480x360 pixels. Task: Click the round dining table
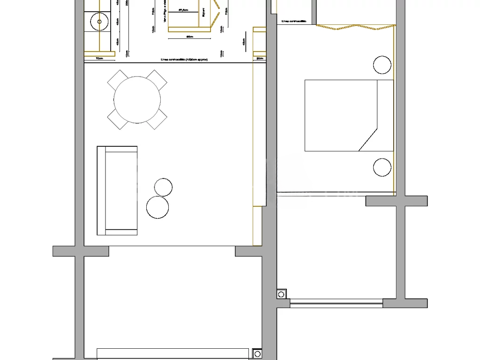click(x=137, y=100)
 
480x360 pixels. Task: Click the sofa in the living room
click(x=117, y=190)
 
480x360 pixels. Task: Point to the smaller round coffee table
click(x=163, y=187)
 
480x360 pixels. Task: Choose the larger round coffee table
click(x=157, y=207)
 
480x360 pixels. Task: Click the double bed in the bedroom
click(x=349, y=115)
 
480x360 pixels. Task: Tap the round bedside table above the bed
click(x=382, y=65)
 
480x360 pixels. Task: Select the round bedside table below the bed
click(x=382, y=167)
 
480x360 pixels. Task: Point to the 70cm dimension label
click(x=99, y=59)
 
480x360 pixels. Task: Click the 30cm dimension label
click(x=260, y=59)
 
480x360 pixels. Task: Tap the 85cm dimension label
click(x=190, y=36)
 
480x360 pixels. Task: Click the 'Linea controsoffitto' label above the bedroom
click(x=294, y=22)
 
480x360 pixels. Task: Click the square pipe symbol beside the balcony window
click(x=281, y=294)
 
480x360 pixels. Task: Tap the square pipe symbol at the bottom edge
click(x=257, y=354)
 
